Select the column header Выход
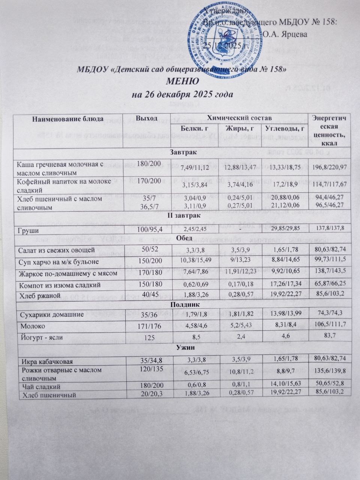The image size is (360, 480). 147,118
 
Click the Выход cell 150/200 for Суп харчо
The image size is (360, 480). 148,261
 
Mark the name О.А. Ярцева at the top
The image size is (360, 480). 284,34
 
